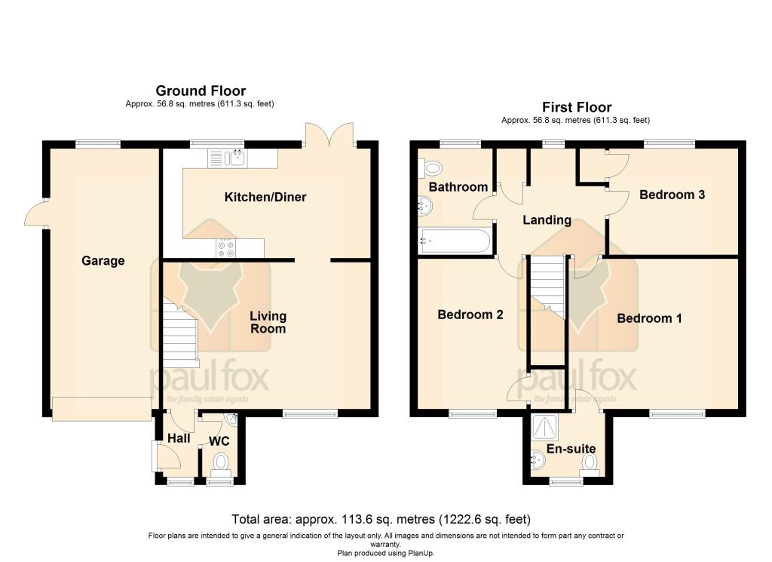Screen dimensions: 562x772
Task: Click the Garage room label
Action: coord(103,261)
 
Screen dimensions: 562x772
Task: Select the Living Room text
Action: coord(268,322)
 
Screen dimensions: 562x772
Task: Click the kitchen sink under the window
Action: coord(237,157)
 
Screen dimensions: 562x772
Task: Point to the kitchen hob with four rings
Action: coord(225,248)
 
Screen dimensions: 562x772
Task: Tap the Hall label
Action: coord(179,438)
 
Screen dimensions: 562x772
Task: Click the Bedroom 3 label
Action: coord(672,195)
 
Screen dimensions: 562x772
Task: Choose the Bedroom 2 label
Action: coord(470,315)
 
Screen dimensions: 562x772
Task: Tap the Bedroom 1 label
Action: coord(649,318)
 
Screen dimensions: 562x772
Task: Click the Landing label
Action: coord(547,220)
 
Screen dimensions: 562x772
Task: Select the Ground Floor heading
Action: coord(201,91)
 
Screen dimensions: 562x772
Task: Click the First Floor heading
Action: coord(577,107)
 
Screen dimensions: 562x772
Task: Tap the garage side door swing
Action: coord(35,215)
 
